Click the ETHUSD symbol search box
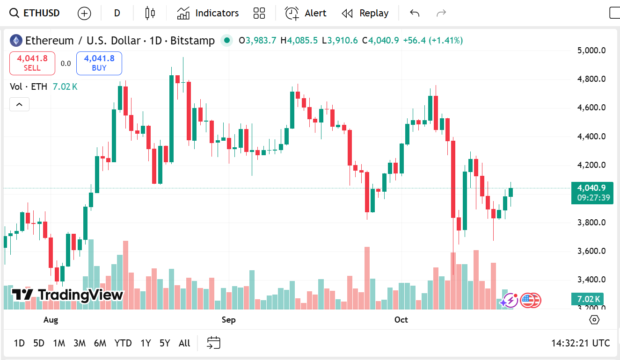(36, 13)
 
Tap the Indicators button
(208, 13)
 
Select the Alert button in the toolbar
(306, 13)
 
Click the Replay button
(365, 13)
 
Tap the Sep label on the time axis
(228, 320)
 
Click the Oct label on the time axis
(401, 320)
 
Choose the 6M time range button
(100, 343)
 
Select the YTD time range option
(123, 343)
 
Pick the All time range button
(184, 343)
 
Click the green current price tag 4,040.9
(592, 188)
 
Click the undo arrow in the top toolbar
(415, 13)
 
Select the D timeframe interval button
(117, 13)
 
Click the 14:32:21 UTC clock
(580, 343)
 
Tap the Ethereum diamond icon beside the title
(16, 41)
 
